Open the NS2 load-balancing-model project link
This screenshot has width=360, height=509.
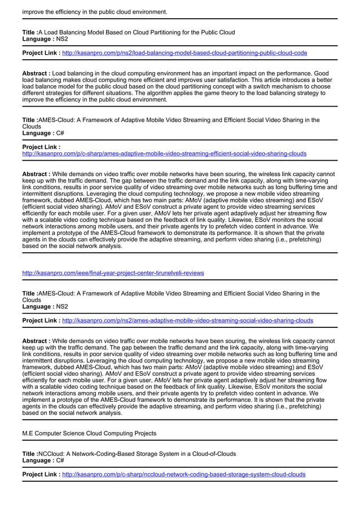pos(185,53)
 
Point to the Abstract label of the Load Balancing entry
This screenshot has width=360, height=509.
pos(36,73)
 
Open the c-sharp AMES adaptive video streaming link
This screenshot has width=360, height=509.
pos(164,153)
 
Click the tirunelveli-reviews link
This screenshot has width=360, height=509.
pos(113,273)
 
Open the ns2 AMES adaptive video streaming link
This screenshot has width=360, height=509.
pos(187,321)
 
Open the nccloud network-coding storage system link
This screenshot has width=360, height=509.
pos(183,475)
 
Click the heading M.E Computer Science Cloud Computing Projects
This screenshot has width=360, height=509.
pos(89,433)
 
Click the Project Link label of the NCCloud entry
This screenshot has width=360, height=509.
pos(41,475)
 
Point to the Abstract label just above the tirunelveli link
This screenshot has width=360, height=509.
pos(36,174)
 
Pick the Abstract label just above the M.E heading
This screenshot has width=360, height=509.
pos(36,341)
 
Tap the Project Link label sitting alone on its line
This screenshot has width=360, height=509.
pos(41,147)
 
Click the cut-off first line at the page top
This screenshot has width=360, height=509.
pos(95,11)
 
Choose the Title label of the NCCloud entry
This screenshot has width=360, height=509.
pos(30,454)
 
